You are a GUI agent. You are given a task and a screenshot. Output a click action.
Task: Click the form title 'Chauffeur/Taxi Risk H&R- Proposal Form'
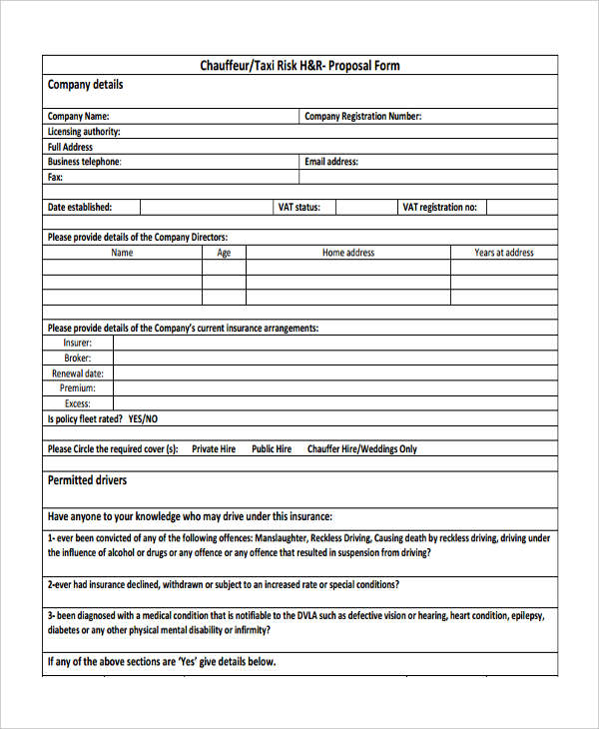[x=299, y=66]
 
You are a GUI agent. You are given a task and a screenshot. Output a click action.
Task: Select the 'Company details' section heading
[x=85, y=85]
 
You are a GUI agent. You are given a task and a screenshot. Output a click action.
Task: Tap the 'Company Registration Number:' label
[x=362, y=117]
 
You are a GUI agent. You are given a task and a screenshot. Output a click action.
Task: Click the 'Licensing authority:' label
[x=84, y=132]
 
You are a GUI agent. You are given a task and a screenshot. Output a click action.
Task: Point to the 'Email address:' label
[x=330, y=162]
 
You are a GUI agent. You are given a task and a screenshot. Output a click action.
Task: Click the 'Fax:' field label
[x=55, y=177]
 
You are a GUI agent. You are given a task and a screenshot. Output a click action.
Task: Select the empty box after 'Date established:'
[x=205, y=208]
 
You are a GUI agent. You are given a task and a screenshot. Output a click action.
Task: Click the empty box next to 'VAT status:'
[x=363, y=208]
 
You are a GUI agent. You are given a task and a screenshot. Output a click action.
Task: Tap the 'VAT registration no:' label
[x=439, y=208]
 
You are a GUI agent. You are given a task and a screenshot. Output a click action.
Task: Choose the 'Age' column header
[x=224, y=253]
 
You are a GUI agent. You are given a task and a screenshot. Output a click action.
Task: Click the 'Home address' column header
[x=347, y=253]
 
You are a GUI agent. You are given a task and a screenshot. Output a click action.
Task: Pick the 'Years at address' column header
[x=504, y=253]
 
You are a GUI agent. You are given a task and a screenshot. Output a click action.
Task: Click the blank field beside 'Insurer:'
[x=334, y=343]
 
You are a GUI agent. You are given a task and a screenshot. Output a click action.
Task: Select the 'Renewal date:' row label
[x=78, y=373]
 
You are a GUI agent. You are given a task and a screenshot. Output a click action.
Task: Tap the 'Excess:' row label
[x=78, y=403]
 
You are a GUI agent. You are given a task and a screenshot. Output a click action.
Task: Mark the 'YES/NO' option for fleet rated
[x=143, y=419]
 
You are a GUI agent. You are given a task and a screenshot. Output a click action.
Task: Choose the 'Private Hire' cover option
[x=214, y=449]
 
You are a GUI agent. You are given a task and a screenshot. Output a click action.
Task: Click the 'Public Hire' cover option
[x=272, y=449]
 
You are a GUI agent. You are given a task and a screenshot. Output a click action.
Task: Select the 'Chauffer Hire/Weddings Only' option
[x=362, y=449]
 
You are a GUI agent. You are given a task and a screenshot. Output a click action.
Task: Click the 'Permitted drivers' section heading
[x=87, y=480]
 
